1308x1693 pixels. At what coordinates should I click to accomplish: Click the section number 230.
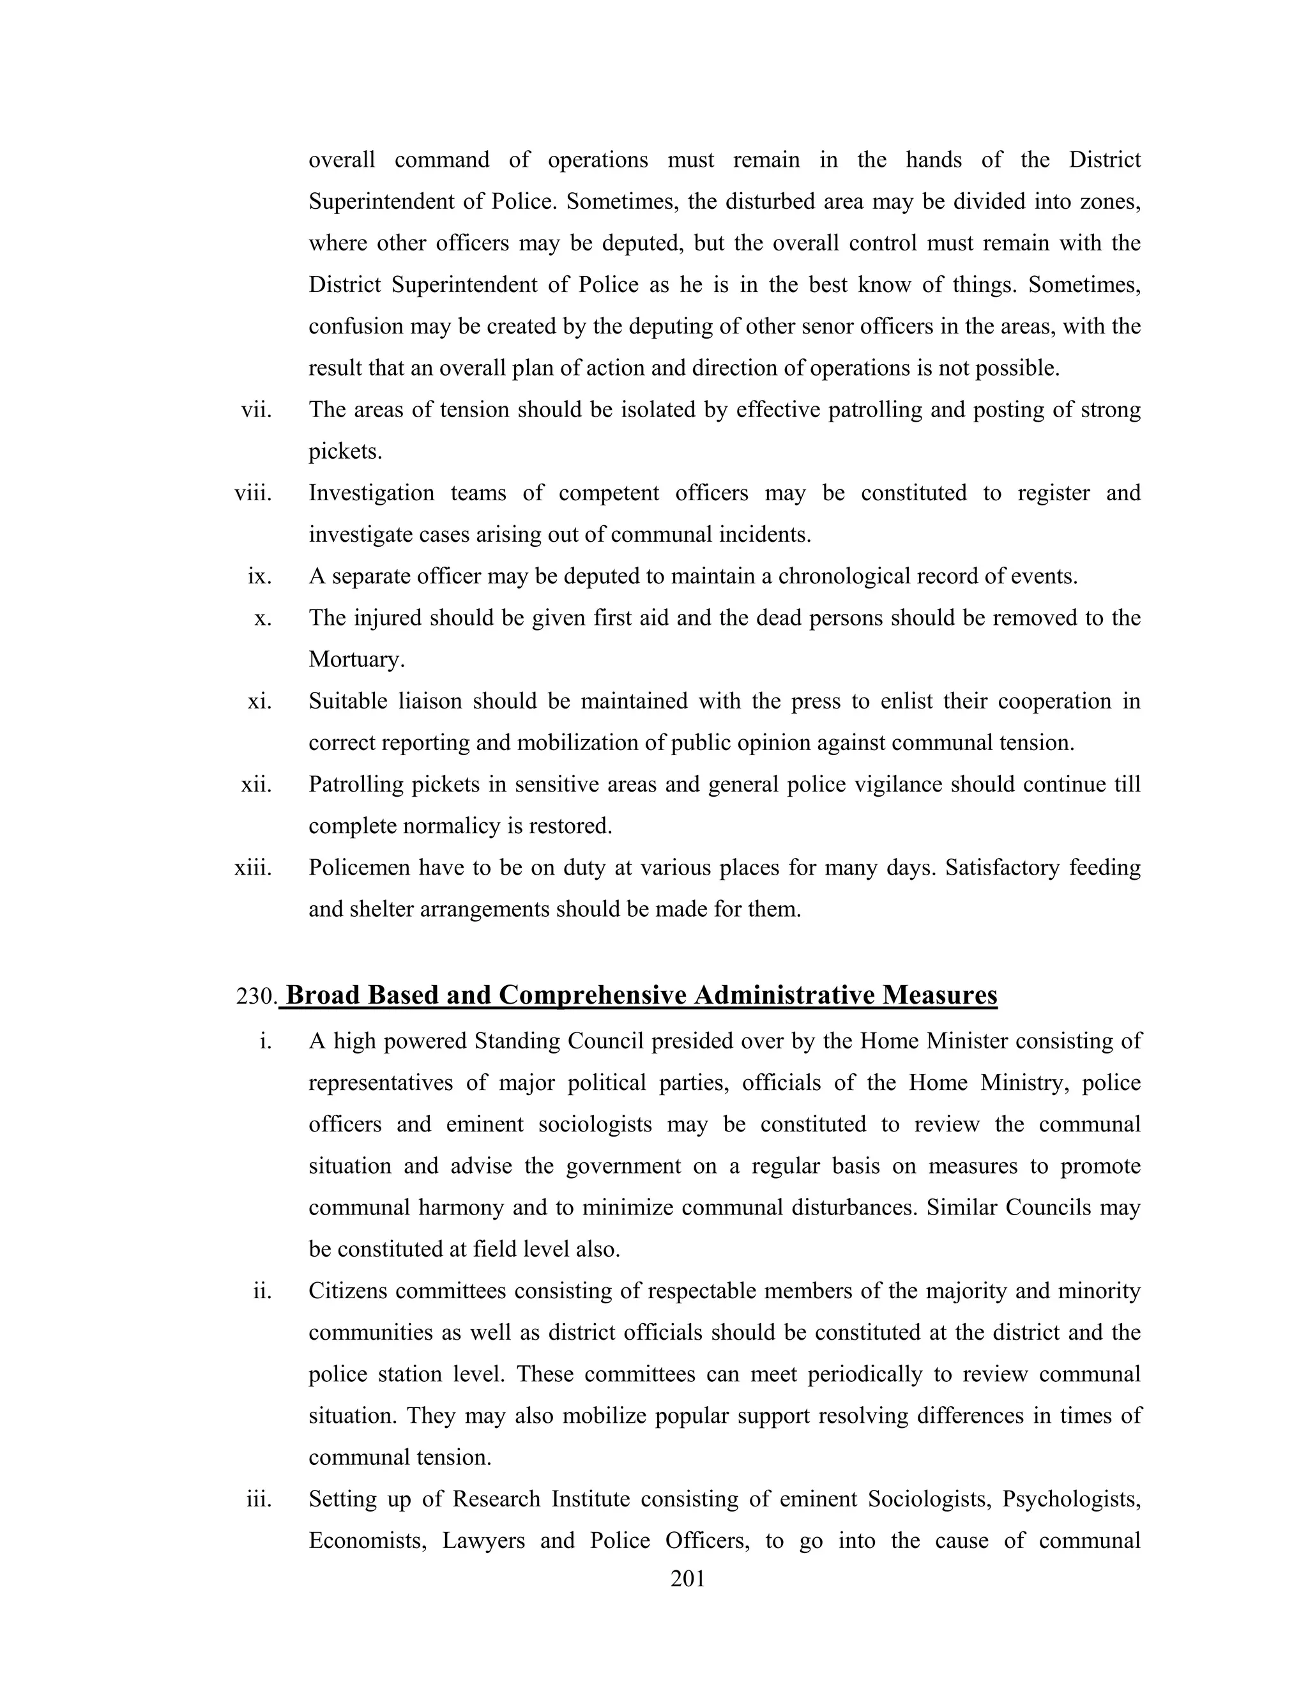click(255, 996)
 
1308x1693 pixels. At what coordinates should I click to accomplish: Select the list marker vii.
click(257, 410)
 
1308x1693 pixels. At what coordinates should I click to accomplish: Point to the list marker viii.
click(254, 493)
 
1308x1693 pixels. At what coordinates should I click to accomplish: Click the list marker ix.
click(259, 576)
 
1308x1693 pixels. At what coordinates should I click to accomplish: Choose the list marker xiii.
click(254, 867)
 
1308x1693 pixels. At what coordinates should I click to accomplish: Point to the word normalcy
click(452, 825)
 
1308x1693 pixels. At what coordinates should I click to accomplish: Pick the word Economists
click(367, 1540)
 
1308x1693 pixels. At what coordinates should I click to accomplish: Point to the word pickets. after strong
click(345, 451)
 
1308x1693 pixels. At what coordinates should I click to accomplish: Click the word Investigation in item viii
click(371, 493)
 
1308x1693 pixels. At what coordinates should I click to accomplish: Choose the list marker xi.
click(259, 701)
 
